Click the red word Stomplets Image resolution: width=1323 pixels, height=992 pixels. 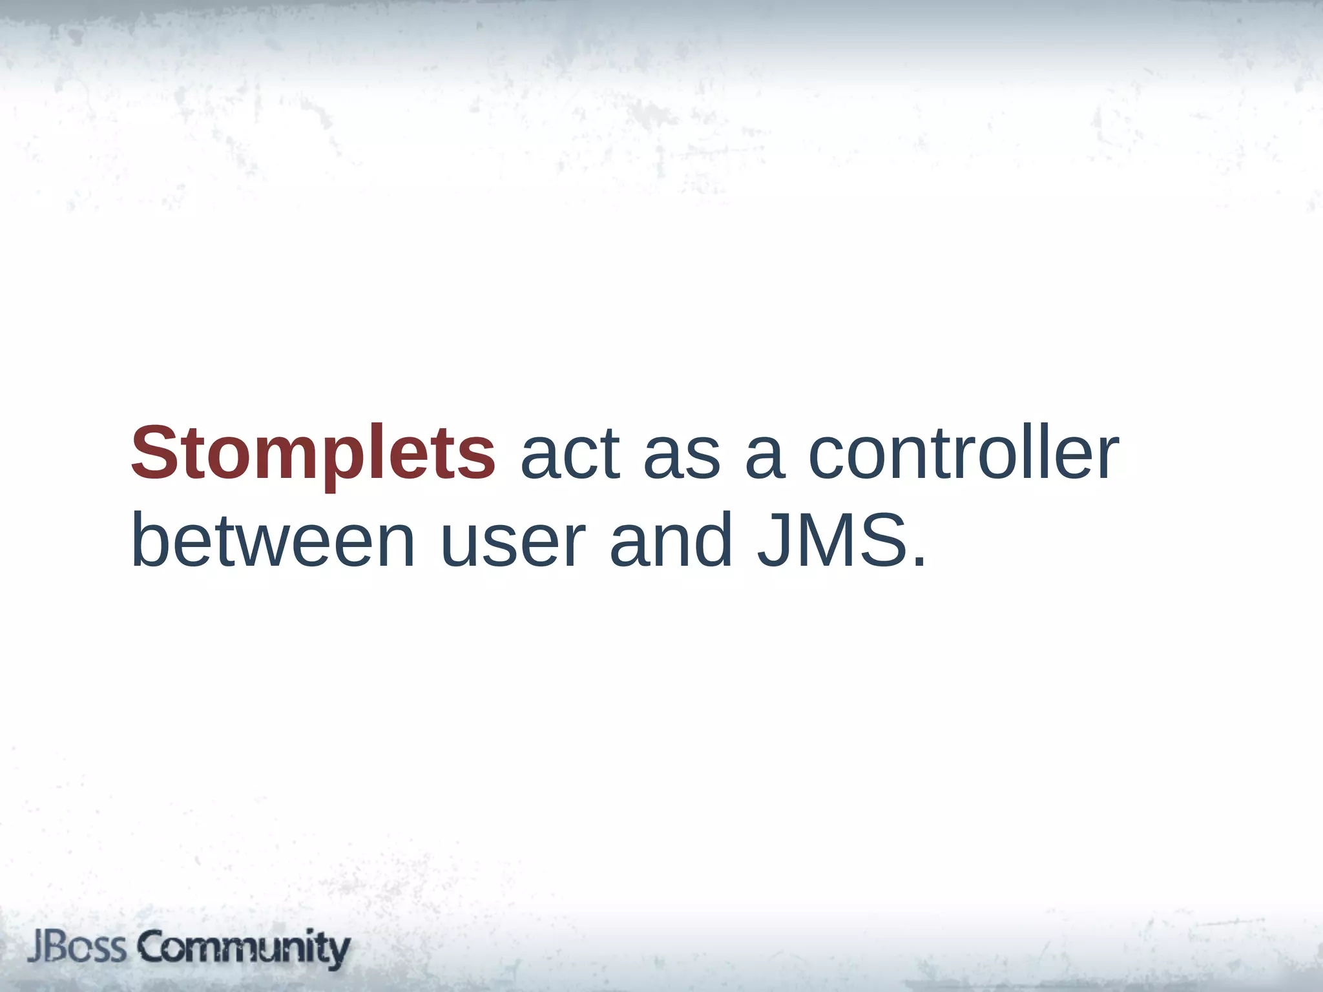click(x=313, y=453)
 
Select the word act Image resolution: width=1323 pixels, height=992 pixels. click(x=570, y=453)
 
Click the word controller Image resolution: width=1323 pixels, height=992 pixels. click(x=963, y=453)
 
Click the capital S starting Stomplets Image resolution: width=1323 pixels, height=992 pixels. click(x=154, y=453)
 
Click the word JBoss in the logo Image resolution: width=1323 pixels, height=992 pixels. click(x=77, y=948)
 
